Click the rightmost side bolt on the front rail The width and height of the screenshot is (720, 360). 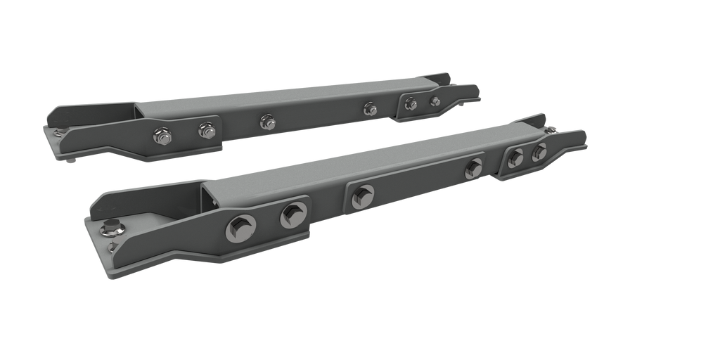click(x=539, y=152)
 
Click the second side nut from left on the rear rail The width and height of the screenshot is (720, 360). click(x=206, y=129)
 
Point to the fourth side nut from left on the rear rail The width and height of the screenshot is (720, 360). click(x=370, y=108)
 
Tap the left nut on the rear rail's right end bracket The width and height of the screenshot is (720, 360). click(x=411, y=104)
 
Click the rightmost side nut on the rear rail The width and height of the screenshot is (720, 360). click(x=435, y=101)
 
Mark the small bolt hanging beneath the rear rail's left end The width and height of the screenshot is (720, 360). click(x=74, y=164)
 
